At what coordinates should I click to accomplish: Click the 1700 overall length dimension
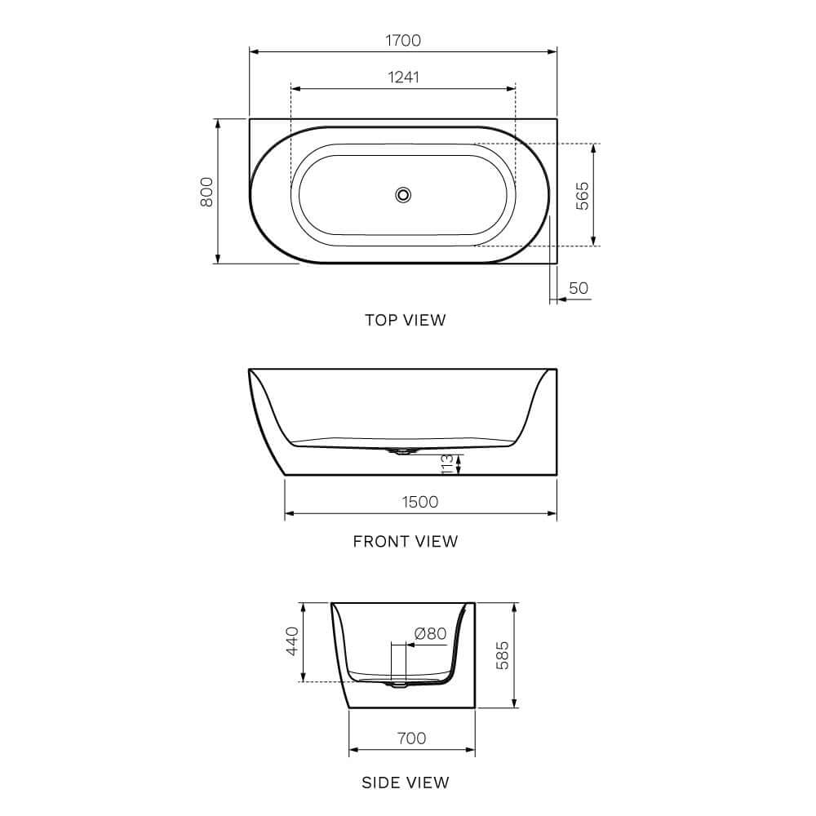pyautogui.click(x=403, y=40)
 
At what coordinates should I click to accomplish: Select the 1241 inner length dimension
pyautogui.click(x=403, y=77)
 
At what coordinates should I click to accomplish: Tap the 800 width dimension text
pyautogui.click(x=206, y=191)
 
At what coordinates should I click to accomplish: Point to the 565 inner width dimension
pyautogui.click(x=582, y=196)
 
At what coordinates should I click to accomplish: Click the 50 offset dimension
pyautogui.click(x=579, y=288)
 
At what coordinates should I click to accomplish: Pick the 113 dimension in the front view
pyautogui.click(x=447, y=465)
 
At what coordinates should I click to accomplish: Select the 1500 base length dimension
pyautogui.click(x=420, y=502)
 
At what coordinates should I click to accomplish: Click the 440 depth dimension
pyautogui.click(x=292, y=642)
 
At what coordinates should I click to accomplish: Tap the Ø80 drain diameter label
pyautogui.click(x=430, y=633)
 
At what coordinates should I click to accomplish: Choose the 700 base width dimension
pyautogui.click(x=411, y=738)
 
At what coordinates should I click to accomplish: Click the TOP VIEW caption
pyautogui.click(x=406, y=321)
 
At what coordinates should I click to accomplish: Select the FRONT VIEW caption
pyautogui.click(x=406, y=541)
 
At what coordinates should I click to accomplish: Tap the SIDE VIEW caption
pyautogui.click(x=406, y=783)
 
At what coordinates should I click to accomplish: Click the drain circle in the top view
pyautogui.click(x=403, y=194)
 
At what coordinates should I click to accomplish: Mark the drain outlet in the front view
pyautogui.click(x=402, y=450)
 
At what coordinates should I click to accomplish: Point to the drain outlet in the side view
pyautogui.click(x=399, y=684)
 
